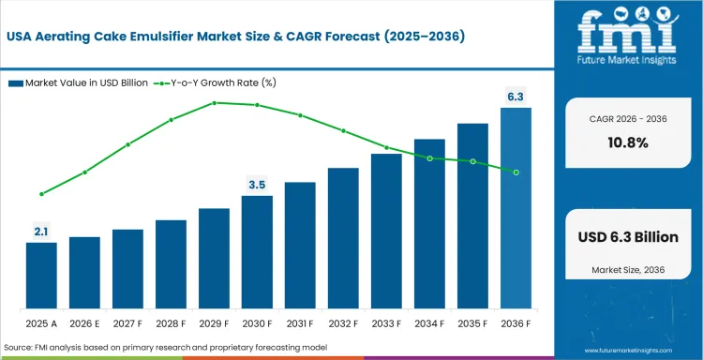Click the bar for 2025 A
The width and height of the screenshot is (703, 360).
(41, 276)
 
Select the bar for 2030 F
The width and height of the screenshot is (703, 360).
(257, 252)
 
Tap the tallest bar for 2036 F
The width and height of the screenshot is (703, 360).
(516, 208)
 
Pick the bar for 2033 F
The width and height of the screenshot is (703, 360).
(386, 232)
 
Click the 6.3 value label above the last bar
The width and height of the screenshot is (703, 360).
(516, 95)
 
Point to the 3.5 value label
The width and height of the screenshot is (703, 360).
(257, 184)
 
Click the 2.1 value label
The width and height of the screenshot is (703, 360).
(41, 230)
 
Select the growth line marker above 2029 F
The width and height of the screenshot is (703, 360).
(214, 102)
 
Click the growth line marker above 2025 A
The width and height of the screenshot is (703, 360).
(41, 194)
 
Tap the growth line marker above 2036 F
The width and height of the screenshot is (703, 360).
(516, 172)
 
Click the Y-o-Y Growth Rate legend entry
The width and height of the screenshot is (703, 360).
(211, 82)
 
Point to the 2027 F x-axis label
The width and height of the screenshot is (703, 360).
(127, 322)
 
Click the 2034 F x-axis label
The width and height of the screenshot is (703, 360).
(429, 322)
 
